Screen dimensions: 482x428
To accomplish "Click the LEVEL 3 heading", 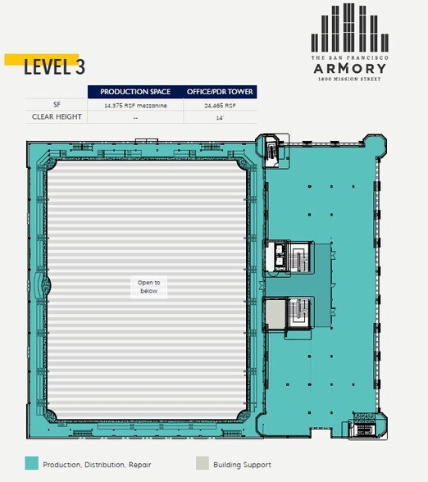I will point(53,67).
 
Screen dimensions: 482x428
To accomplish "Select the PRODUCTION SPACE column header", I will point(135,91).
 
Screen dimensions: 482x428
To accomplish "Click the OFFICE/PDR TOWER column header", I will point(221,91).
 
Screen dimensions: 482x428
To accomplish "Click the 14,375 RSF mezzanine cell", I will point(135,105).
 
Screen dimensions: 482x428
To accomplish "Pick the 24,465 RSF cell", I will point(221,105).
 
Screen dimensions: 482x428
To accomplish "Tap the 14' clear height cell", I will point(221,117).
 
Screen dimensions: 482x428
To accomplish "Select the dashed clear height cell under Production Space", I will point(135,117).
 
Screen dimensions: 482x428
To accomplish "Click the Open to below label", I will point(148,286).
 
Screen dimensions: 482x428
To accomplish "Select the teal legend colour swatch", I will point(31,463).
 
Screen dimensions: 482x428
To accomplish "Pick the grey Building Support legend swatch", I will point(203,463).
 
